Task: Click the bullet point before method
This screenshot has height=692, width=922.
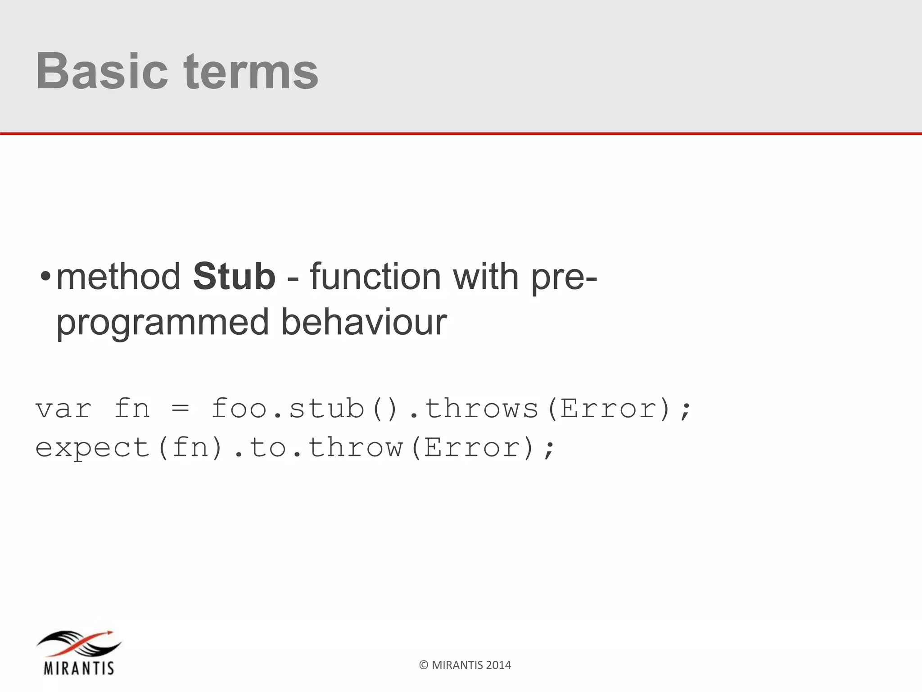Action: (45, 277)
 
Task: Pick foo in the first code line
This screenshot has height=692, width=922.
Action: (240, 408)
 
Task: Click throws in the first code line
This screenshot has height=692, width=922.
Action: (481, 408)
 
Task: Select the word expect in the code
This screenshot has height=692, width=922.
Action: (92, 448)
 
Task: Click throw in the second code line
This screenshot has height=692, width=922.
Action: (355, 447)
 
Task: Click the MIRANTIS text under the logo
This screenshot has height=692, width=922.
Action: (79, 668)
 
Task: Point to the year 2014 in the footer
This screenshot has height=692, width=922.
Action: (498, 665)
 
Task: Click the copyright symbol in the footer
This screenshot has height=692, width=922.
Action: (423, 665)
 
